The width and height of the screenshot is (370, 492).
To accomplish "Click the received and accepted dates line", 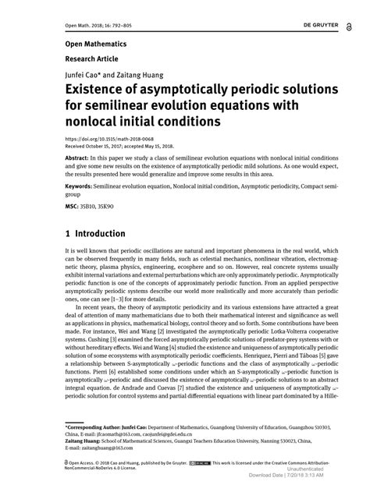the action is pyautogui.click(x=119, y=147).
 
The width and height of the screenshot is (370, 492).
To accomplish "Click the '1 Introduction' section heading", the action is pyautogui.click(x=95, y=234).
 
